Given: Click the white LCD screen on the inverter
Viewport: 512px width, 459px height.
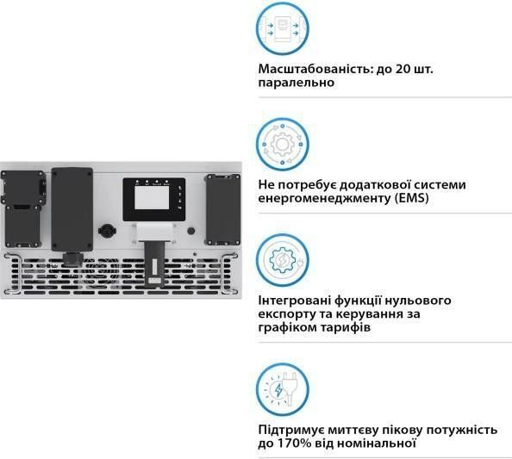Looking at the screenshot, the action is (152, 197).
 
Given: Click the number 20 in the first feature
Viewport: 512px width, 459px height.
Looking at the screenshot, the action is (403, 69).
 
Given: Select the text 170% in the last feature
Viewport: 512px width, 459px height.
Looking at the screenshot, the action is (294, 443).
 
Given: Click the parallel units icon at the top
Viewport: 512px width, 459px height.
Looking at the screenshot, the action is (283, 28).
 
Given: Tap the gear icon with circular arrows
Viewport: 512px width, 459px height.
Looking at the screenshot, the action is (283, 144).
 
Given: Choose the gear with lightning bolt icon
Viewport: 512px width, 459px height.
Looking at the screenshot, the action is (283, 260).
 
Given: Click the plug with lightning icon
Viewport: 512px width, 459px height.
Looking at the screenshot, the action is (283, 389).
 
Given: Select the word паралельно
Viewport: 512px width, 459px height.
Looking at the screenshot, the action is (297, 83).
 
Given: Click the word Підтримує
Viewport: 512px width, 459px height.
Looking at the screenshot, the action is (291, 430).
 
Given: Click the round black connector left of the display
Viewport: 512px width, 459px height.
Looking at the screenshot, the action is (106, 231).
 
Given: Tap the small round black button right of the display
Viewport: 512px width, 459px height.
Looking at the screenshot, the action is (191, 231).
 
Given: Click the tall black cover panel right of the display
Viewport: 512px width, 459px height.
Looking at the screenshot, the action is (223, 209).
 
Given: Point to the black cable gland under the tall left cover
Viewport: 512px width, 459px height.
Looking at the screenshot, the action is (72, 258).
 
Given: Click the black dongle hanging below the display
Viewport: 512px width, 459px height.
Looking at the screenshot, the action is (154, 264).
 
